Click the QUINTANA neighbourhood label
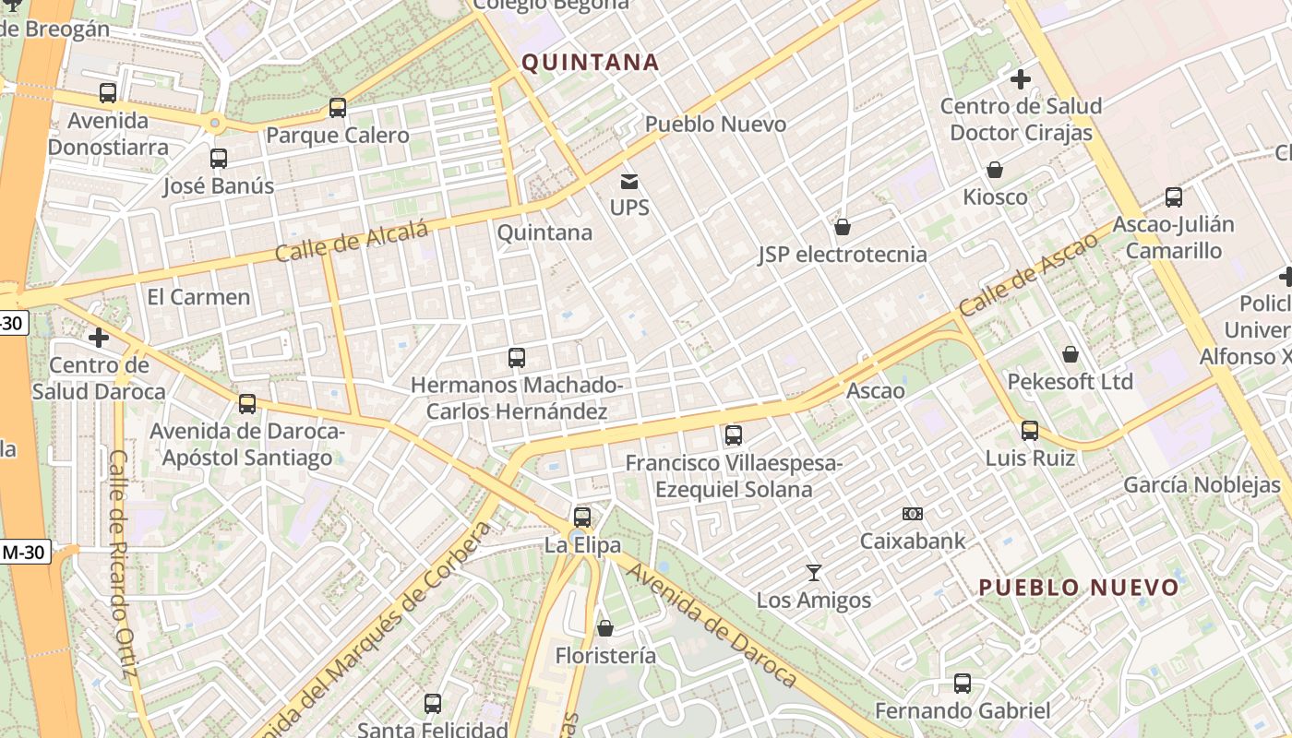591,63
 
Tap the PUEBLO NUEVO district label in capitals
1079,588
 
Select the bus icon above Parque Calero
338,108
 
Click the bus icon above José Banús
219,159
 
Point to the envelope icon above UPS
629,182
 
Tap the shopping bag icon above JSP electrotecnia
843,227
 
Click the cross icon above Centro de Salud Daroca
99,339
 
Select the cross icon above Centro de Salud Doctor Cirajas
1021,79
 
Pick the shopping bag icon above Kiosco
995,170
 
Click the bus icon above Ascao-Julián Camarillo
1174,197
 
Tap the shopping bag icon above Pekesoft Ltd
1071,354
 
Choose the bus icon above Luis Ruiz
1030,431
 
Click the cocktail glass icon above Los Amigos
814,573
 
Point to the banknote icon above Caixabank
913,514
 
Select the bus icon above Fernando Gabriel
963,684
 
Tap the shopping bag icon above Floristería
605,628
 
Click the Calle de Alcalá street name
353,241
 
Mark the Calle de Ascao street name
1028,273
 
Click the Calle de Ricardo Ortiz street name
123,563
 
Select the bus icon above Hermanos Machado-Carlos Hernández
517,358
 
